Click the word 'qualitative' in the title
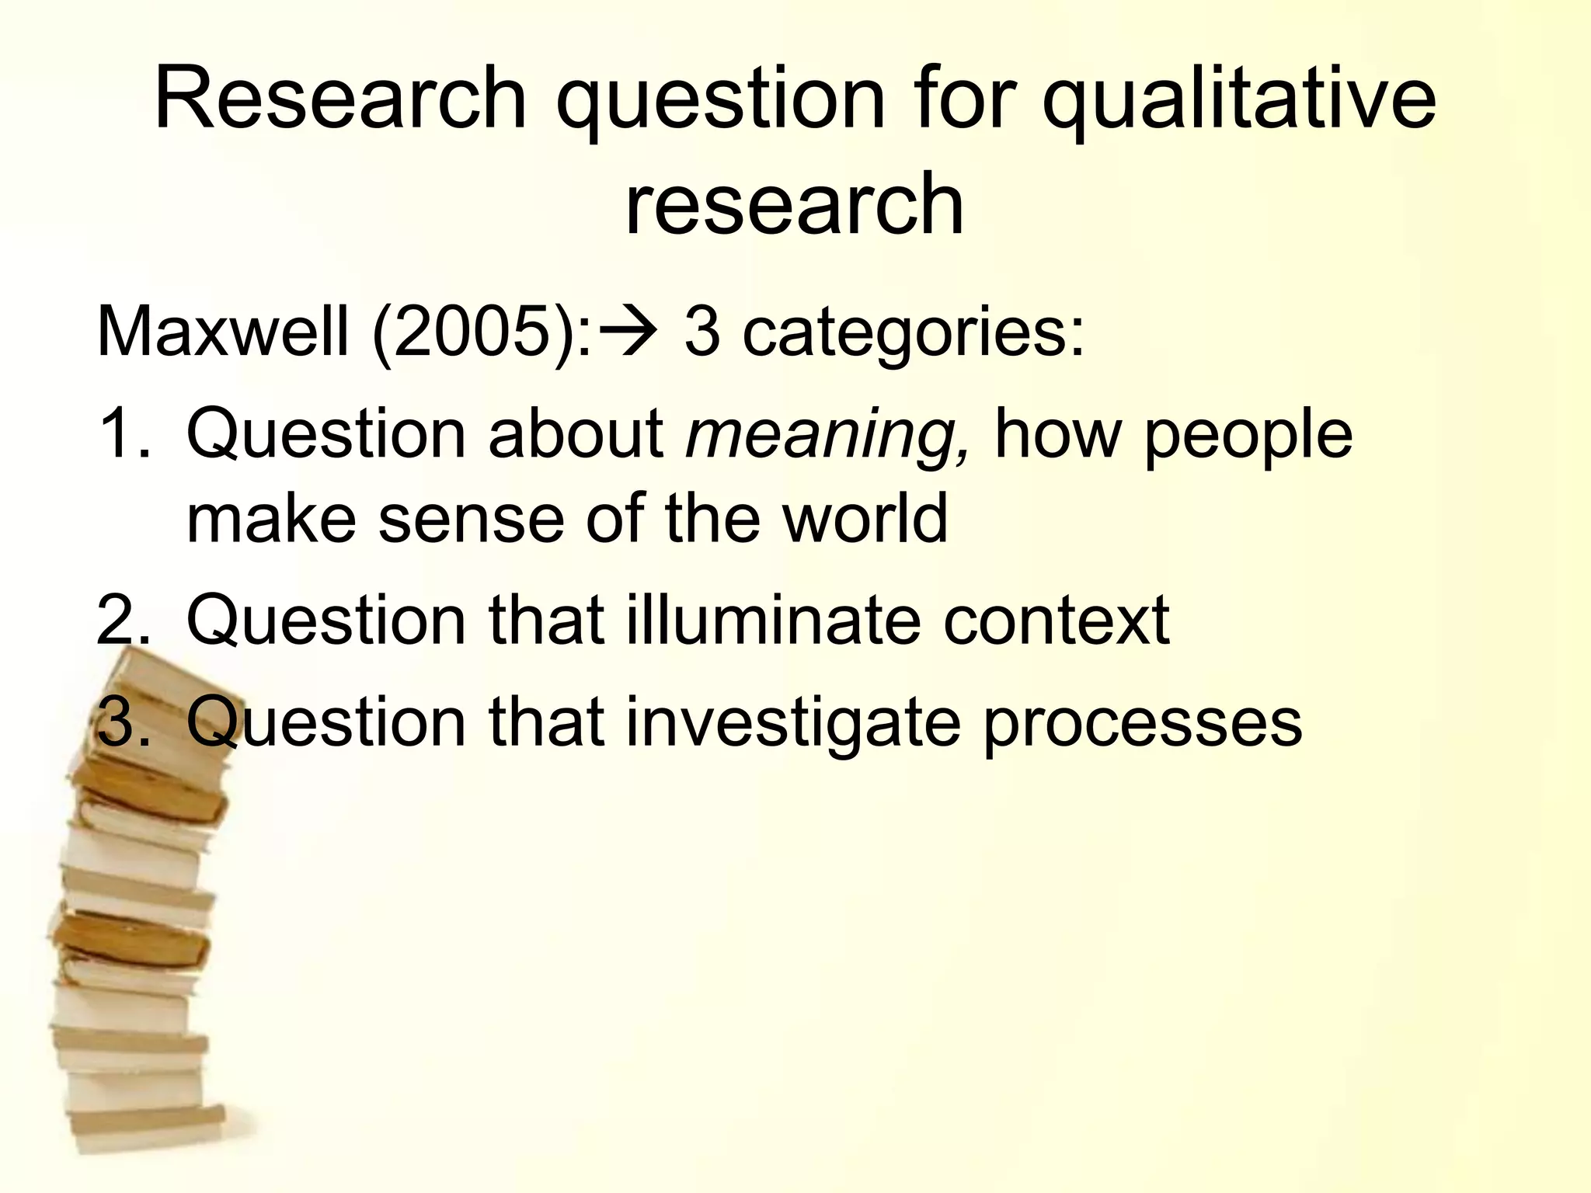click(x=1238, y=101)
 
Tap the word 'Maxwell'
click(x=222, y=332)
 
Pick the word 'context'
click(x=1056, y=621)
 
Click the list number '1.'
click(x=124, y=435)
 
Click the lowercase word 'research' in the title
click(x=794, y=203)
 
